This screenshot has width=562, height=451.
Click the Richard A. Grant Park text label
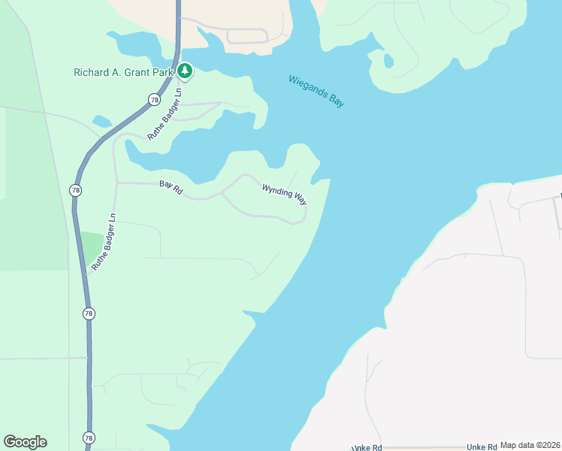pos(124,72)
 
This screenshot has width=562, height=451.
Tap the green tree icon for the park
pos(185,71)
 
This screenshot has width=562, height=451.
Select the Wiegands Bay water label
pos(316,91)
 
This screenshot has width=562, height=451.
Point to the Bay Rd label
pos(171,186)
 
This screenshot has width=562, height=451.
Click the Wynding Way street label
pos(284,194)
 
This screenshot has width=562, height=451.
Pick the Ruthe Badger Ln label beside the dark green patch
pos(104,242)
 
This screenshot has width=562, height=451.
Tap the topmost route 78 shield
pos(154,99)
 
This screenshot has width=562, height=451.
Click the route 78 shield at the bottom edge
pos(89,437)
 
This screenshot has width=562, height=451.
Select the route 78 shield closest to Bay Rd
pos(75,190)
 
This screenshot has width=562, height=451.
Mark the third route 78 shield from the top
pos(89,313)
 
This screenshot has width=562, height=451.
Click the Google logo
pos(25,442)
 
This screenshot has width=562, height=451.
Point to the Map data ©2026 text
pos(530,445)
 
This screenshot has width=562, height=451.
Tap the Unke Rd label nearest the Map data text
pos(482,447)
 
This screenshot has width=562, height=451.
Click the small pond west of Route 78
pos(101,120)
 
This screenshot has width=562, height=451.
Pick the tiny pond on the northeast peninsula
pos(388,59)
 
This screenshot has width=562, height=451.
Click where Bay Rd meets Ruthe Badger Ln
pos(115,183)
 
